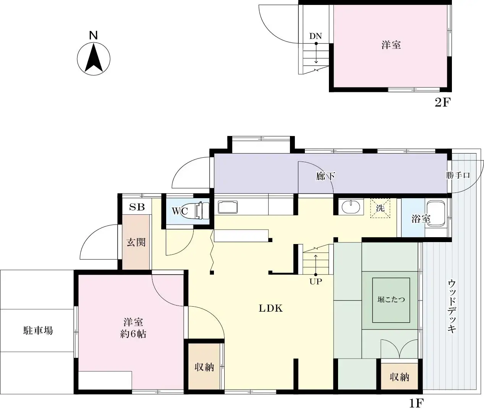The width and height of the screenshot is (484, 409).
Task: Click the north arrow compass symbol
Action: tap(94, 59)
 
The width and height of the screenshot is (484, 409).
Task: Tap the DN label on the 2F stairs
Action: tap(316, 36)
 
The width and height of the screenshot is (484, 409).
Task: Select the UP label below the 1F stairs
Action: tap(316, 281)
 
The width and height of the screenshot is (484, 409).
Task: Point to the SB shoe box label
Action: tap(137, 207)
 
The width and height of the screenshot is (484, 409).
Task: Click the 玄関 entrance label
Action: tap(136, 242)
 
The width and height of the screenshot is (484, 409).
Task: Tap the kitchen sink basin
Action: tap(228, 207)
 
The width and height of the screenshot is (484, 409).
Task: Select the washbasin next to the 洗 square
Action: tap(351, 207)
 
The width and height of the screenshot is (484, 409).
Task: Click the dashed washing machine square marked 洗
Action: tap(380, 208)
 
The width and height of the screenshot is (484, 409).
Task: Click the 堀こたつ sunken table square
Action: tap(391, 300)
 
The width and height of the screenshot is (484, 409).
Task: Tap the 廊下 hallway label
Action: tap(325, 176)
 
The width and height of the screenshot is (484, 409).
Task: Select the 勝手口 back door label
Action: tap(458, 175)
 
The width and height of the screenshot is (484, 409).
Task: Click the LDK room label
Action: tap(271, 308)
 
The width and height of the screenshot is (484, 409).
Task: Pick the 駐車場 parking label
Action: tap(38, 331)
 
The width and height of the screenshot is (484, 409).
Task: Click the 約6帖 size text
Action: tap(133, 334)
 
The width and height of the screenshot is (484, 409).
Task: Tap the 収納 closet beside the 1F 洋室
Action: tap(204, 367)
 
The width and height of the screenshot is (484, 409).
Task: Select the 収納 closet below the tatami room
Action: tap(399, 377)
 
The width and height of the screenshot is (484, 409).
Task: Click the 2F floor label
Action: tap(443, 103)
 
